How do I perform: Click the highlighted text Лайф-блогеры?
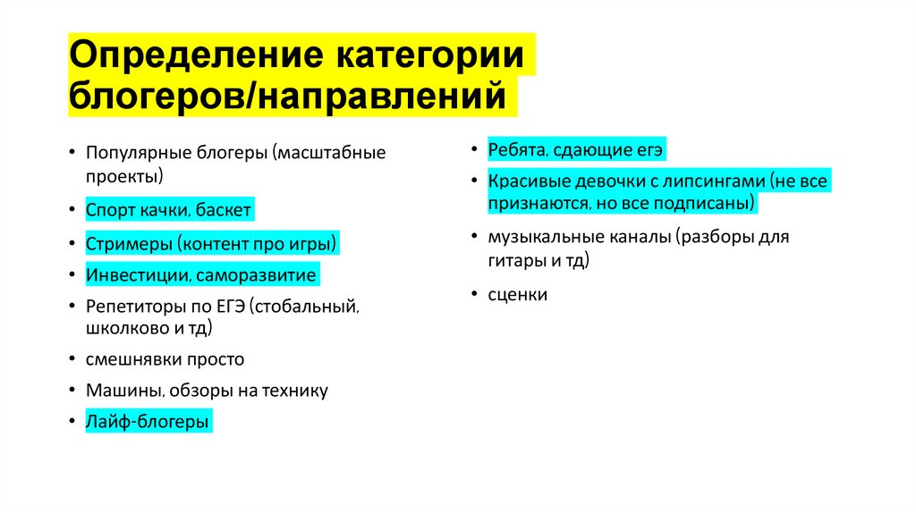click(148, 420)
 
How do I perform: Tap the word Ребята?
click(514, 149)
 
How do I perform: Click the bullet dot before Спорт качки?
click(71, 211)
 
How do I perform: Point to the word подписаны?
click(711, 203)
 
